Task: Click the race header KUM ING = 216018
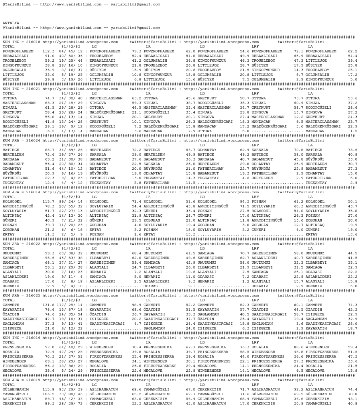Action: pyautogui.click(x=20, y=41)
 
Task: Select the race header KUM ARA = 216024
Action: pyautogui.click(x=20, y=140)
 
